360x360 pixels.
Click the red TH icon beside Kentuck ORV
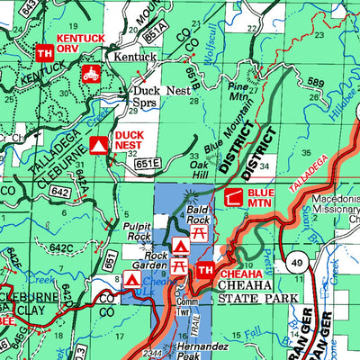[x=44, y=53]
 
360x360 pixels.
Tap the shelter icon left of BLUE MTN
[x=234, y=197]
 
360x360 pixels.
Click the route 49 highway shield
[x=296, y=263]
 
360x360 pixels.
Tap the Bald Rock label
[x=200, y=213]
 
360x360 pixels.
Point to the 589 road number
[x=315, y=83]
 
